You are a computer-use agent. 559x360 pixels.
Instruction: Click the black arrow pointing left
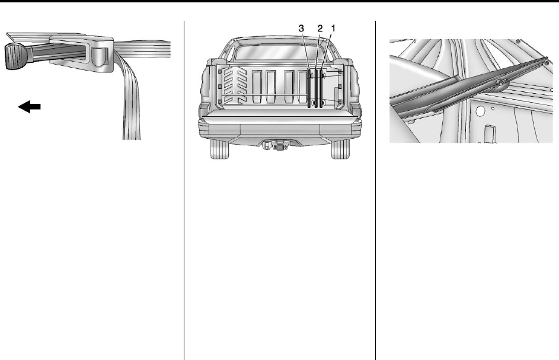click(29, 106)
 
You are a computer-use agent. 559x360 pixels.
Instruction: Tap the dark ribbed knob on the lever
click(14, 56)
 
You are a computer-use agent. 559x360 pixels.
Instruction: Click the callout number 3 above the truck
click(301, 28)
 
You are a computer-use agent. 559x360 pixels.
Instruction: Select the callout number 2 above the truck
click(320, 28)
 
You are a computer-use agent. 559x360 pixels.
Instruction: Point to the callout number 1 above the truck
click(333, 28)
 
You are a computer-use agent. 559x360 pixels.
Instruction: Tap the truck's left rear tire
click(219, 149)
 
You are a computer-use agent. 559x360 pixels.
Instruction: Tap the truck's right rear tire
click(341, 149)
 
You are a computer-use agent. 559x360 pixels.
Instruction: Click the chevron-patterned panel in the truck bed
click(235, 85)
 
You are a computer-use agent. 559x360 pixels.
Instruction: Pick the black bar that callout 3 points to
click(309, 88)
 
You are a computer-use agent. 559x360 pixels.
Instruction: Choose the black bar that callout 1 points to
click(321, 88)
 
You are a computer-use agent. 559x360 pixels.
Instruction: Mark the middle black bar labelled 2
click(316, 88)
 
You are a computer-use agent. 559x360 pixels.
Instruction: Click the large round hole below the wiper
click(481, 111)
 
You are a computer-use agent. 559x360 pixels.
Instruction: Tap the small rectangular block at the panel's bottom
click(490, 133)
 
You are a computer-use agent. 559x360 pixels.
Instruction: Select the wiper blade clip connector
click(501, 83)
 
